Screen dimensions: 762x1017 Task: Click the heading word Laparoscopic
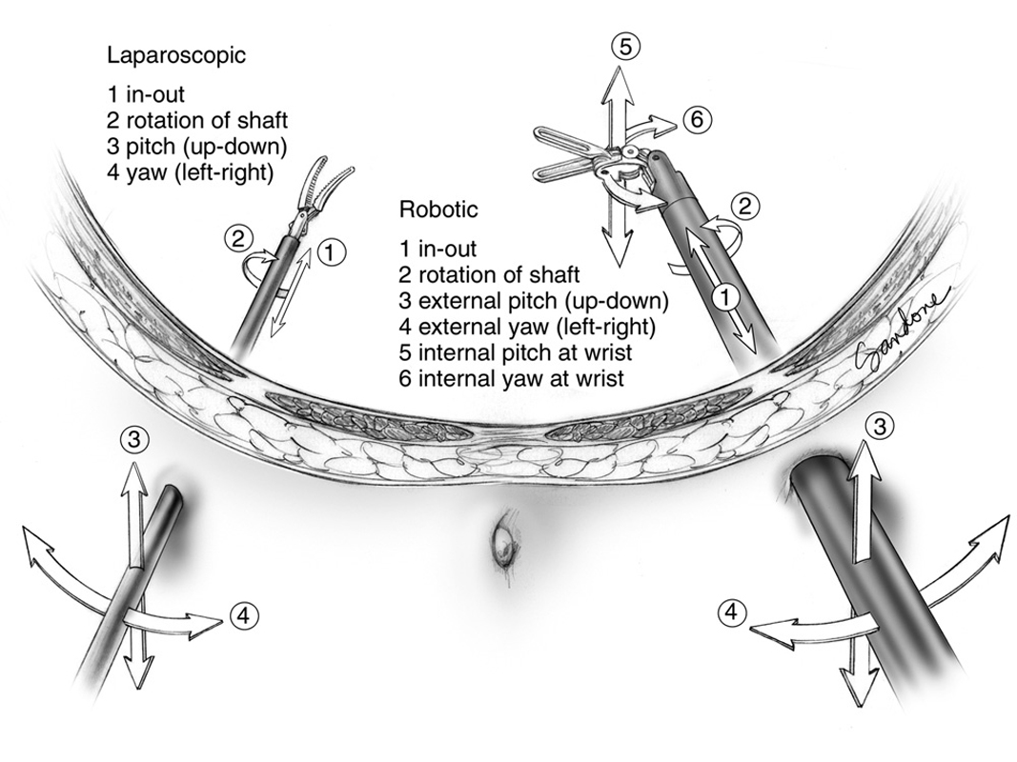pos(176,55)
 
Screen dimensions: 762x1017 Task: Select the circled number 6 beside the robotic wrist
pos(696,119)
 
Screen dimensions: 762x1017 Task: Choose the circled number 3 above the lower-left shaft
pos(135,439)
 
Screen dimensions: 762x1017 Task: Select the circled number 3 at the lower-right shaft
pos(883,427)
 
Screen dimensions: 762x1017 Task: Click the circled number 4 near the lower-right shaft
pos(731,612)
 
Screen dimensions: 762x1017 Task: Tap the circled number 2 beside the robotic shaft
pos(747,204)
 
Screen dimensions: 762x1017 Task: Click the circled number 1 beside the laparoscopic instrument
pos(329,251)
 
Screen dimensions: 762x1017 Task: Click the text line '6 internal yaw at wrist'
pos(510,379)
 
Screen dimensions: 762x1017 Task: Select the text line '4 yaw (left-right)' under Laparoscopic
pos(192,172)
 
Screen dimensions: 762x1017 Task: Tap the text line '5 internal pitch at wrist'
pos(517,352)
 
